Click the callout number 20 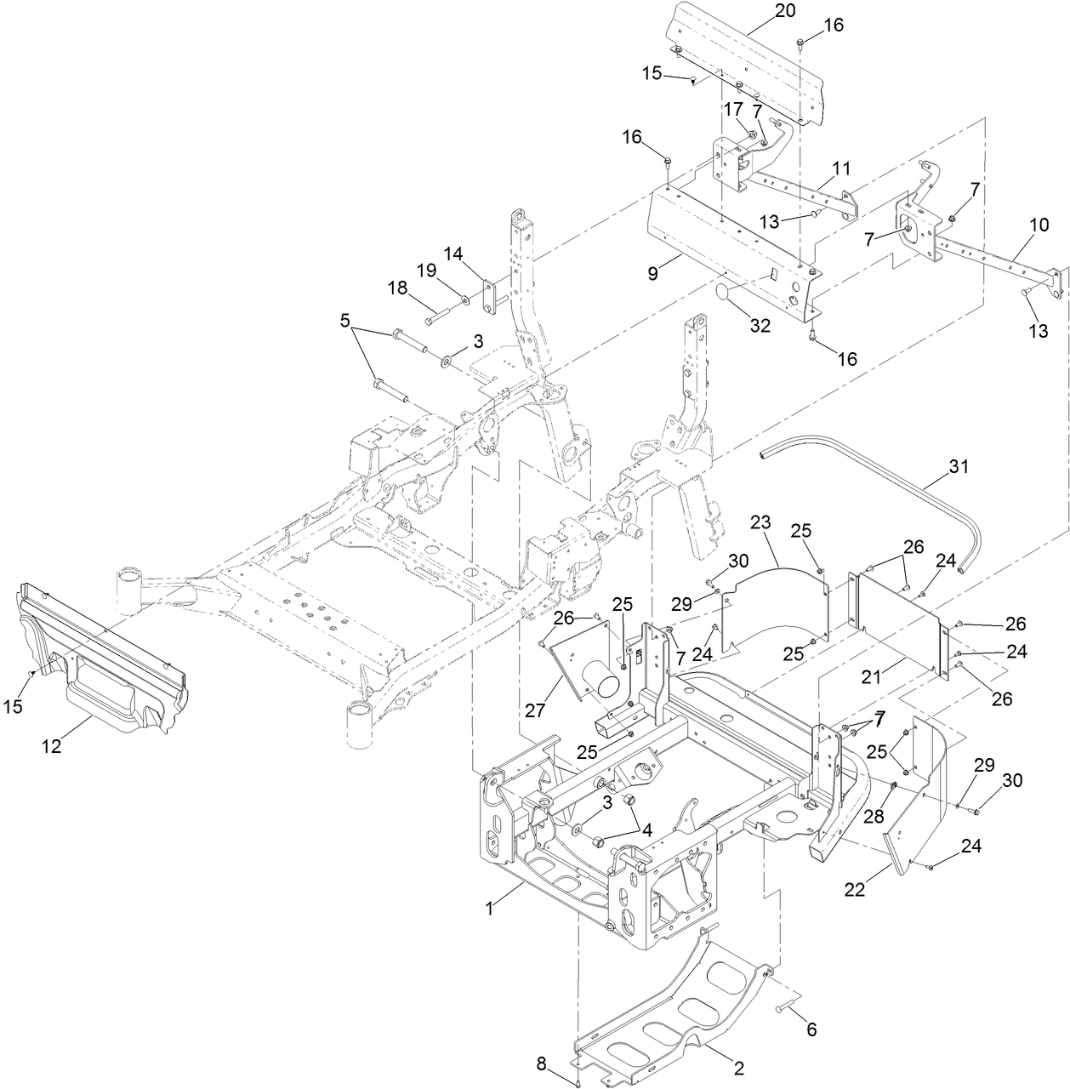pyautogui.click(x=785, y=10)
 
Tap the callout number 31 pyautogui.click(x=959, y=466)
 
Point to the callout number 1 pyautogui.click(x=489, y=909)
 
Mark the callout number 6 pyautogui.click(x=811, y=1029)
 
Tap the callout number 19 pyautogui.click(x=449, y=272)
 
